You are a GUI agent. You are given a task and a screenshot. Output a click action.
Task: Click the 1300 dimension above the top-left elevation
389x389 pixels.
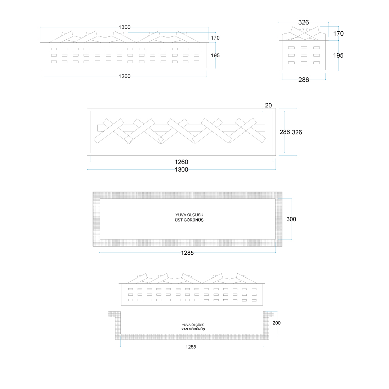point(124,27)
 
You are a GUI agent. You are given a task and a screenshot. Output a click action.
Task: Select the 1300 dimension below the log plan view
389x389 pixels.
point(181,170)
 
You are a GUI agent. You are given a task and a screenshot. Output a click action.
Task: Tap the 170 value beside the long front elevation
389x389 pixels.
point(215,38)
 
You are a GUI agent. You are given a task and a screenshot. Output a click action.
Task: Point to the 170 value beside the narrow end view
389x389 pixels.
point(338,33)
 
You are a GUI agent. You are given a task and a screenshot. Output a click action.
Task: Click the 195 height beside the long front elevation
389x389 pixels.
point(215,55)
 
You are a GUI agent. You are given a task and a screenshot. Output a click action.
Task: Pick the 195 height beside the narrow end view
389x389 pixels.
point(338,55)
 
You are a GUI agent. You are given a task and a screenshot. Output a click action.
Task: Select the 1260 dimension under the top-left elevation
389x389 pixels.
point(124,76)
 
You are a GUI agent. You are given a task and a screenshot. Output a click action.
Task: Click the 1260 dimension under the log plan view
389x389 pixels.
point(181,162)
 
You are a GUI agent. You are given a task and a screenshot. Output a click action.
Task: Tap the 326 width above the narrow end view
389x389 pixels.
point(303,22)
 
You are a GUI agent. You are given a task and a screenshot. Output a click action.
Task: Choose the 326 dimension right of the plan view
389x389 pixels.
point(297,132)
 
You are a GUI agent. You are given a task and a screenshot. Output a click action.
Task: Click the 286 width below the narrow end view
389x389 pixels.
point(304,80)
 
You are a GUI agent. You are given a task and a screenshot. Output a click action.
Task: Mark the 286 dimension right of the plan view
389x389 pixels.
point(285,132)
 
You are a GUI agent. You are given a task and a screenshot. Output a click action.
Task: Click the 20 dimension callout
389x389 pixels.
point(268,105)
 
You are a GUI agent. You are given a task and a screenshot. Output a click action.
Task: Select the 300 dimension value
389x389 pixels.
point(291,219)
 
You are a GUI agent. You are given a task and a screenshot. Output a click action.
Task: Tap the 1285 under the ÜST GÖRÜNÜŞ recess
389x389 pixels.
point(187,253)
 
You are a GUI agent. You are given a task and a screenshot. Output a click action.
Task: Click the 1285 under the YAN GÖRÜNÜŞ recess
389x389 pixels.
point(191,347)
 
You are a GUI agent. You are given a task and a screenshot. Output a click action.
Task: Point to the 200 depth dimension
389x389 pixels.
point(277,323)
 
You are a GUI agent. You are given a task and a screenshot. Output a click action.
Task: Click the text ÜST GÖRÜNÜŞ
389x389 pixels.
point(189,220)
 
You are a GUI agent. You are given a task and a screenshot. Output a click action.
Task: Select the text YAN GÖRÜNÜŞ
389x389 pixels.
point(193,329)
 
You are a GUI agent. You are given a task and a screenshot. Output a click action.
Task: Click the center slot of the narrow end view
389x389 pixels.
point(304,55)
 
